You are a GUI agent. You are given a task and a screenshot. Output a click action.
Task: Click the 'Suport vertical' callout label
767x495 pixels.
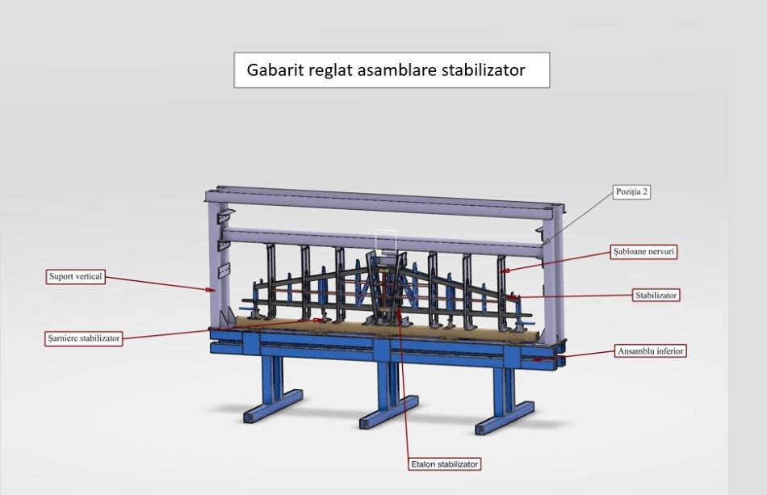click(75, 276)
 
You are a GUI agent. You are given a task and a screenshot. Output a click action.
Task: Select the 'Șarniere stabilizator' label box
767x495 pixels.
click(84, 338)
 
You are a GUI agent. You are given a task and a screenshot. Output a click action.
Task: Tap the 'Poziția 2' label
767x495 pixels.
click(631, 191)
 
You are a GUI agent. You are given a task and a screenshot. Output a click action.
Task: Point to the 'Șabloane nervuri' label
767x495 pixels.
click(643, 252)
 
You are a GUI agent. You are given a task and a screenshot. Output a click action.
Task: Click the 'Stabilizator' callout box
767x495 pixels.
click(656, 295)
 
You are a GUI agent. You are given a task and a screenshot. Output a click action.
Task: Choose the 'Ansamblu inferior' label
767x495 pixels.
click(650, 350)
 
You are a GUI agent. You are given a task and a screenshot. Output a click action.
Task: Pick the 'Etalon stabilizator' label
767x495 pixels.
click(445, 464)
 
